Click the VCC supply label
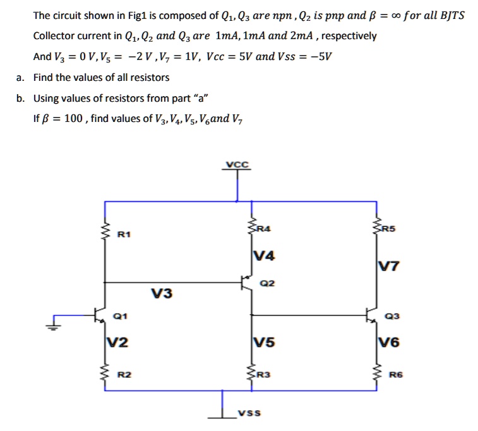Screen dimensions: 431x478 click(x=237, y=164)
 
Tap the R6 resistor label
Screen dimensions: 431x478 click(x=395, y=375)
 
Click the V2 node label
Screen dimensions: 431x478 click(x=117, y=343)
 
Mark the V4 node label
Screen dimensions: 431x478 click(x=263, y=256)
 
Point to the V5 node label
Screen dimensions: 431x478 click(x=263, y=343)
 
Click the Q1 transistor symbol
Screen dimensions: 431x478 click(x=99, y=315)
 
